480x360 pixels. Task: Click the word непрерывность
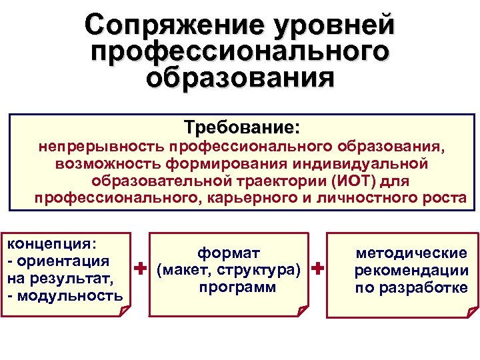coord(99,146)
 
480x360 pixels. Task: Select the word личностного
coord(374,198)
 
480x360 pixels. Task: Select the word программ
coord(229,287)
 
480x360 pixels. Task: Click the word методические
coord(411,253)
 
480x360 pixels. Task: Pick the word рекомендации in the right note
coord(411,271)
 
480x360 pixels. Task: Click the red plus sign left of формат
coord(140,269)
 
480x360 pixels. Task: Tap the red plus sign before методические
coord(317,269)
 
